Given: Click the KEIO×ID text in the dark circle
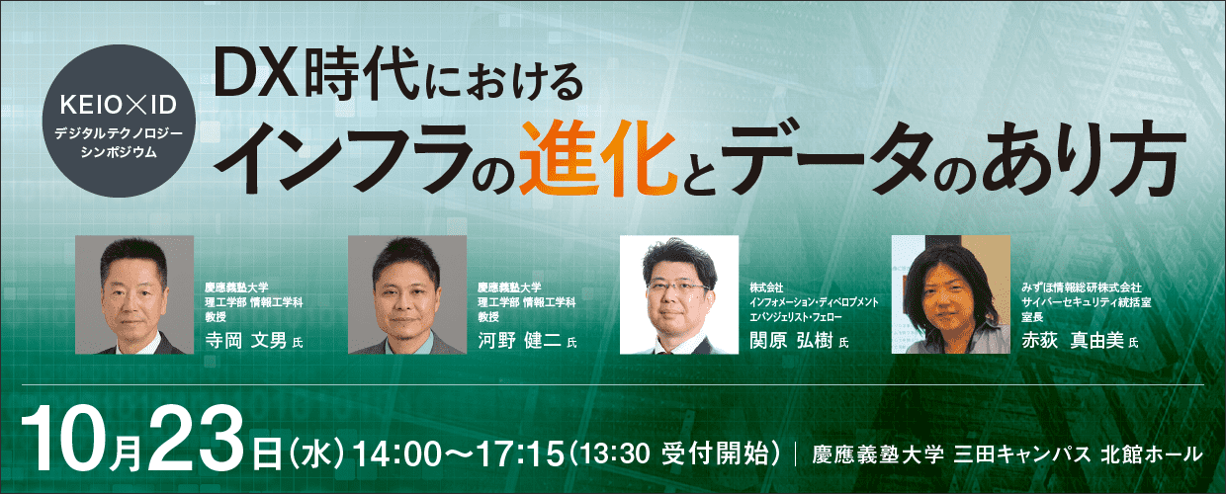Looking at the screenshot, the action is [119, 106].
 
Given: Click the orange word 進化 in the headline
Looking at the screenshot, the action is [598, 158].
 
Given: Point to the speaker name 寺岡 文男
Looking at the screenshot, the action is [246, 340].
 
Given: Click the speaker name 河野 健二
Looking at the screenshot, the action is [519, 340].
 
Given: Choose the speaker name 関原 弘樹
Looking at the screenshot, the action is [791, 340].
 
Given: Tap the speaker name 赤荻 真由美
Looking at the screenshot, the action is [1073, 340].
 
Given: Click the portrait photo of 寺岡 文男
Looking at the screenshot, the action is [134, 294].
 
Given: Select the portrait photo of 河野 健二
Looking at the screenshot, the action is [407, 294].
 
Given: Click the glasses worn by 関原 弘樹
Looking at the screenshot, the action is [678, 286].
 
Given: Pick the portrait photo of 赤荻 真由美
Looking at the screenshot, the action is [951, 294].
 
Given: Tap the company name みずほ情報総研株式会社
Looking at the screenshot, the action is [1082, 288].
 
